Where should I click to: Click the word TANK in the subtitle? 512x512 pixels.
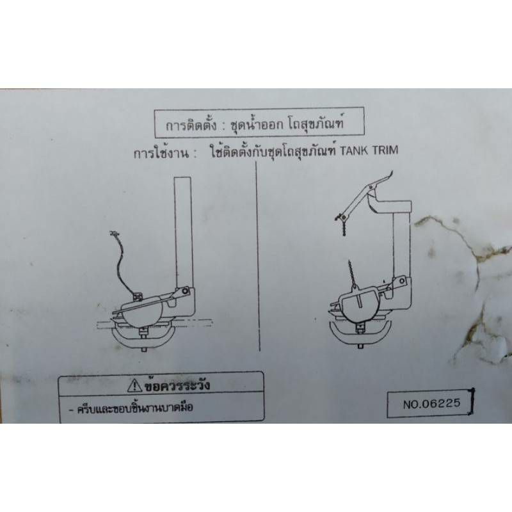point(355,151)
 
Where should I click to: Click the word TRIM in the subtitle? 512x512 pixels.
point(385,150)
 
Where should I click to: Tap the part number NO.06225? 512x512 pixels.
point(431,404)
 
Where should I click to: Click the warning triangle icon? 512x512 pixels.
point(134,386)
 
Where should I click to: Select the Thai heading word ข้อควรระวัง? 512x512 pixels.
point(177,385)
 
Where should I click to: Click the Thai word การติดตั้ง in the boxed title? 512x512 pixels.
point(191,125)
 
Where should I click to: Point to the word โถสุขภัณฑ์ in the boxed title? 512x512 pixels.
point(316,123)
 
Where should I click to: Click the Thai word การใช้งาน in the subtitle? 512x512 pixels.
point(161,153)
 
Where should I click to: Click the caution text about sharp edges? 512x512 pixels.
point(134,408)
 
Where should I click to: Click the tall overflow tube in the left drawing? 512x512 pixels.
point(184,232)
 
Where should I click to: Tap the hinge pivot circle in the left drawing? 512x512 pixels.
point(186,291)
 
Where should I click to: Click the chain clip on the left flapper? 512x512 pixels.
point(138,296)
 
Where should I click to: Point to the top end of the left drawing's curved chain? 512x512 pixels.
point(114,233)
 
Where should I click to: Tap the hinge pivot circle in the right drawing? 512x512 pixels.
point(402,280)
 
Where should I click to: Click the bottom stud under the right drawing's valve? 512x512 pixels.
point(360,346)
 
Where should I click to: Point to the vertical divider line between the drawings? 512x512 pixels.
point(258,257)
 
